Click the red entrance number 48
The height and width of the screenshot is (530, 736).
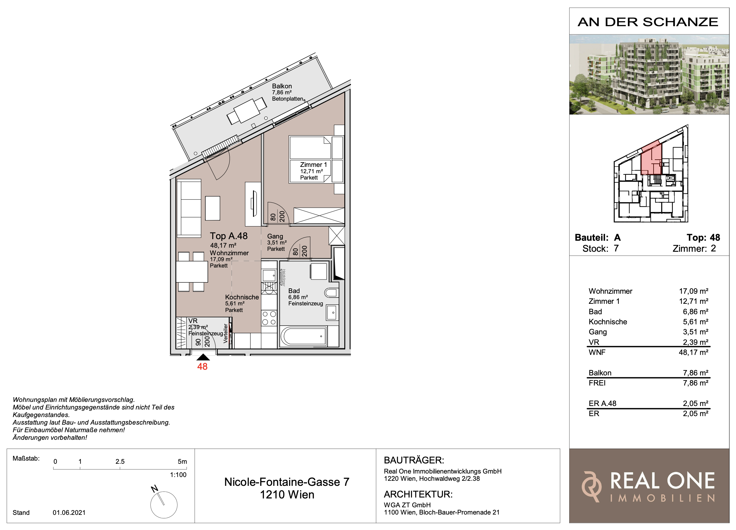click(x=202, y=366)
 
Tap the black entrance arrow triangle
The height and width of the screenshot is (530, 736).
click(x=203, y=357)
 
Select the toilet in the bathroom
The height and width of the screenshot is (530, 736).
click(x=331, y=293)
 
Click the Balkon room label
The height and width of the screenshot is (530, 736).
click(x=282, y=86)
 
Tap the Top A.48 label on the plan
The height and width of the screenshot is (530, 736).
click(x=228, y=236)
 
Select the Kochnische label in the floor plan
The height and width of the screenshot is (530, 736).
click(x=242, y=297)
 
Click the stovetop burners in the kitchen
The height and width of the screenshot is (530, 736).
click(x=269, y=318)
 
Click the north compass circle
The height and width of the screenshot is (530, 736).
click(x=164, y=505)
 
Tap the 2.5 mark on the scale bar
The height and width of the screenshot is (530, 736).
click(x=120, y=461)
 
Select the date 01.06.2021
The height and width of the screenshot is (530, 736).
click(x=69, y=513)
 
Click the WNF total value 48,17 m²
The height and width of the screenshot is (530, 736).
click(x=693, y=352)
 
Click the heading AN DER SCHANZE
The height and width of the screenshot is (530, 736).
click(x=648, y=22)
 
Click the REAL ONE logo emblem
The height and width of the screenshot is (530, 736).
click(x=591, y=486)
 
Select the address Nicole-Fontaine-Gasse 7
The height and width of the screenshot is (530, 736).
click(x=287, y=482)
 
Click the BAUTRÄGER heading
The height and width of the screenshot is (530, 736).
click(x=414, y=460)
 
